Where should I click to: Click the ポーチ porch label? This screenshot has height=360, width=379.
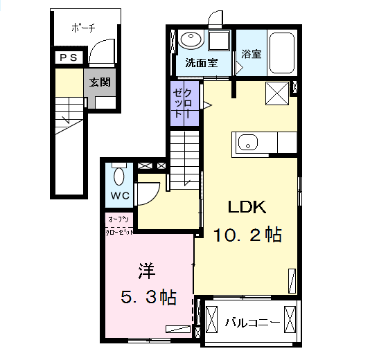(x=83, y=28)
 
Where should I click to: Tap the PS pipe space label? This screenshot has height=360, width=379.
(x=69, y=58)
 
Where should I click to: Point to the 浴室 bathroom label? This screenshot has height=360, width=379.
(x=252, y=53)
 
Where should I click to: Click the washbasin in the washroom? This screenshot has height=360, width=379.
(x=188, y=40)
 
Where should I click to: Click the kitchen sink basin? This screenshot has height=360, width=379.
(x=247, y=144)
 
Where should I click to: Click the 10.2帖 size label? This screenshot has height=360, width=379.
(x=247, y=235)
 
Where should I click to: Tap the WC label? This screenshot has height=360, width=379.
(x=121, y=195)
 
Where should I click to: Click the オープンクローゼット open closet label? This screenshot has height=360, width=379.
(x=119, y=226)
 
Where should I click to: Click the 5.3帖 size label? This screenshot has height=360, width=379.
(x=148, y=298)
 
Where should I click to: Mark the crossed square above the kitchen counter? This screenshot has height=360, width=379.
(x=277, y=93)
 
